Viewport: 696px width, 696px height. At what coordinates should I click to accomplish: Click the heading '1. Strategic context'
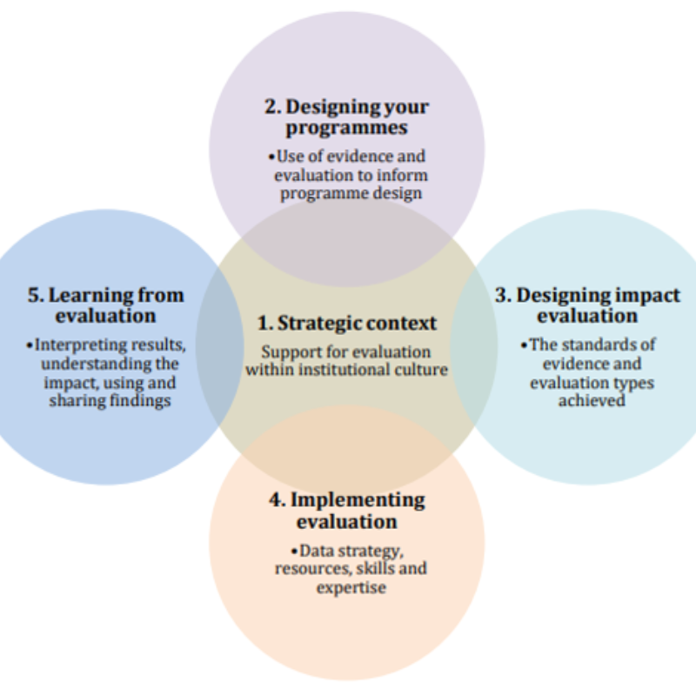click(346, 323)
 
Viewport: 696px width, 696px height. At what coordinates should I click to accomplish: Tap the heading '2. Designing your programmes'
click(346, 117)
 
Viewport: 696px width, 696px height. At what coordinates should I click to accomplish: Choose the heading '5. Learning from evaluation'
click(105, 304)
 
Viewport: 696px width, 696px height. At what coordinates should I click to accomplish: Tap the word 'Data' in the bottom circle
click(314, 550)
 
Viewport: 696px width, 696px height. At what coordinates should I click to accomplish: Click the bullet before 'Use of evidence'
click(271, 157)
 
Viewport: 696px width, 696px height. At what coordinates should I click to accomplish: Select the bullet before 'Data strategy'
click(294, 551)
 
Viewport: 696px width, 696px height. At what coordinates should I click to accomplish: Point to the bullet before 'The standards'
click(525, 345)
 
